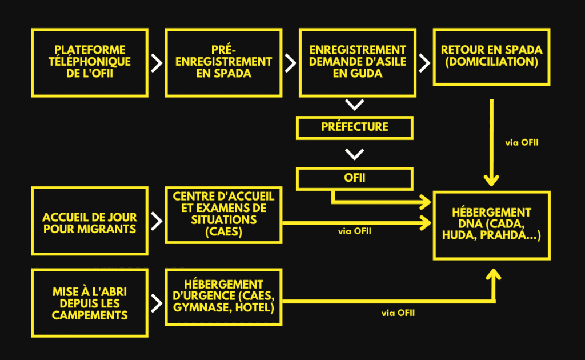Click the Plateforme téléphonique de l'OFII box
[x=90, y=62]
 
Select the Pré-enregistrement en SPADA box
[x=223, y=62]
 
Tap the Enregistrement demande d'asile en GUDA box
[x=357, y=62]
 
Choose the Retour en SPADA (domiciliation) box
[x=491, y=62]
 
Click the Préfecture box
[x=354, y=127]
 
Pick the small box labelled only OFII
[x=354, y=178]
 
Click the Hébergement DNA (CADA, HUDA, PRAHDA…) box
[x=492, y=225]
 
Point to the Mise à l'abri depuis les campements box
[x=90, y=302]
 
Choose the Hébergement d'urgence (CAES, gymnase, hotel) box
[x=223, y=297]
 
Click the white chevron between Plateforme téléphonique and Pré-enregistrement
[x=157, y=63]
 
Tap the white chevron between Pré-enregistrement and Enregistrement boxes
[x=290, y=63]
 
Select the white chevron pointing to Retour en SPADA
[x=424, y=63]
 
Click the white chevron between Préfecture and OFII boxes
[x=355, y=154]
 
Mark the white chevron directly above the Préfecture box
[x=355, y=105]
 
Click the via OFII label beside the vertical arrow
[x=522, y=142]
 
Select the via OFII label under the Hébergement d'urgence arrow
[x=398, y=313]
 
